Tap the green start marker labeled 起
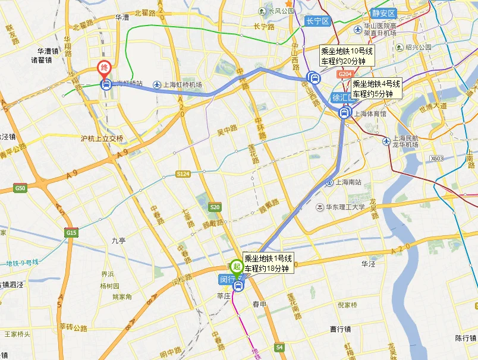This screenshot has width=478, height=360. point(236,266)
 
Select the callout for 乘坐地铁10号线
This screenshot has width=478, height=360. point(347,56)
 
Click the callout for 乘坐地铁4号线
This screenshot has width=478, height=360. point(376,89)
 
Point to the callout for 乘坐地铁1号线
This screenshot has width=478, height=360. point(268,263)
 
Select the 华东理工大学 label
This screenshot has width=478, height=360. point(344,207)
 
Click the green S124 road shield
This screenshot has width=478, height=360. point(183,173)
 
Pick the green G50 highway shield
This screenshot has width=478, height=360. point(21,188)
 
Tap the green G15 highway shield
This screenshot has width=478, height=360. point(71,232)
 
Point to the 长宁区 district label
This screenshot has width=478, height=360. point(317,21)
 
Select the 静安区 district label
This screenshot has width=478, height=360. point(384,12)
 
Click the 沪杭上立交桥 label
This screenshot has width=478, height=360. point(102,138)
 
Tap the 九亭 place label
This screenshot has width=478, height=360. point(118,241)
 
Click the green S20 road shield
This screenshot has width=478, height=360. point(215,207)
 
